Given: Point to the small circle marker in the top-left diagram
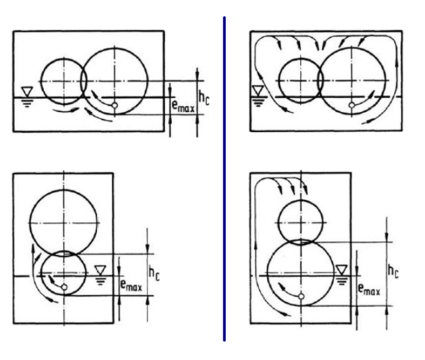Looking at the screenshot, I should [114, 106].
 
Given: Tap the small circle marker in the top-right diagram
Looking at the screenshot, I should [352, 105].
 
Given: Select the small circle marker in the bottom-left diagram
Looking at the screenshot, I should [64, 287].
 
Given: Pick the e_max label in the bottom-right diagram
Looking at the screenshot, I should [369, 289].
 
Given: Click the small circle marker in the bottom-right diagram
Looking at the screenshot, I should [301, 296].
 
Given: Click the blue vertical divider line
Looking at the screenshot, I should [224, 178].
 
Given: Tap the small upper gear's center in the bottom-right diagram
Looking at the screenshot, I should [300, 219].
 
